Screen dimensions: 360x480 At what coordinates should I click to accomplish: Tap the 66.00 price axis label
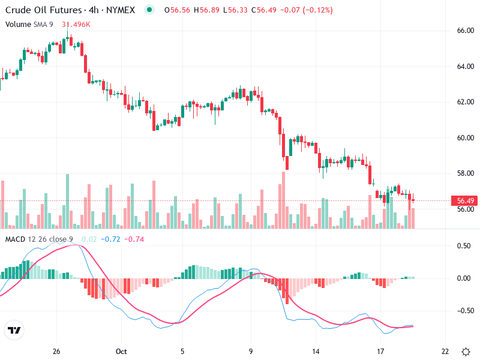click(x=466, y=30)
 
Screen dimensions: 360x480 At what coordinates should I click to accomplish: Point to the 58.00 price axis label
click(x=466, y=173)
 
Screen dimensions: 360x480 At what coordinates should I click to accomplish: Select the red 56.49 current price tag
click(x=466, y=201)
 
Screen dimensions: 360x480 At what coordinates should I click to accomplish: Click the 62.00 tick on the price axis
click(x=466, y=102)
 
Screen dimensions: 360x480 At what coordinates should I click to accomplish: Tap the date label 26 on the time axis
click(x=56, y=352)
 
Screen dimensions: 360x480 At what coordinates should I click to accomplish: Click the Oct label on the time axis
click(x=122, y=352)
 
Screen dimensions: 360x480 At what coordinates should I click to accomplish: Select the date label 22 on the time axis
click(x=445, y=352)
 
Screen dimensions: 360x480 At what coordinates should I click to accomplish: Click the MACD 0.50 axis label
click(x=464, y=246)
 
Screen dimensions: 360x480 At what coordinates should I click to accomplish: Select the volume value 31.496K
click(x=76, y=24)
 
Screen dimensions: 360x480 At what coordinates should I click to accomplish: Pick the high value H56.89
click(x=208, y=10)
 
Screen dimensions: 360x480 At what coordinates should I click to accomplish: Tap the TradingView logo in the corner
click(x=14, y=331)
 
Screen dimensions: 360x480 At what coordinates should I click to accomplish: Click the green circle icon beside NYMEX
click(x=149, y=10)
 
